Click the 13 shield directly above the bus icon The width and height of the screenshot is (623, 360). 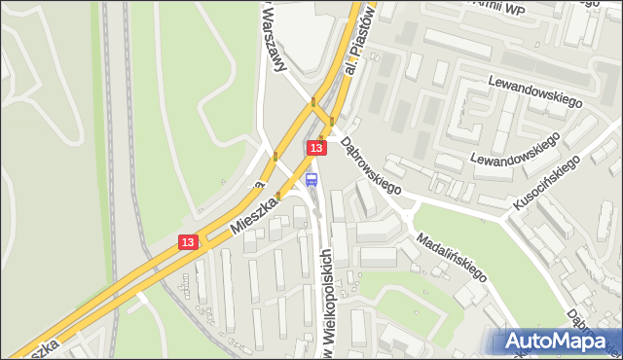pos(315,147)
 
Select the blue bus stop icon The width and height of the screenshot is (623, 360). pos(311,179)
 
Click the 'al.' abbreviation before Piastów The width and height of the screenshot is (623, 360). pos(352,65)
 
